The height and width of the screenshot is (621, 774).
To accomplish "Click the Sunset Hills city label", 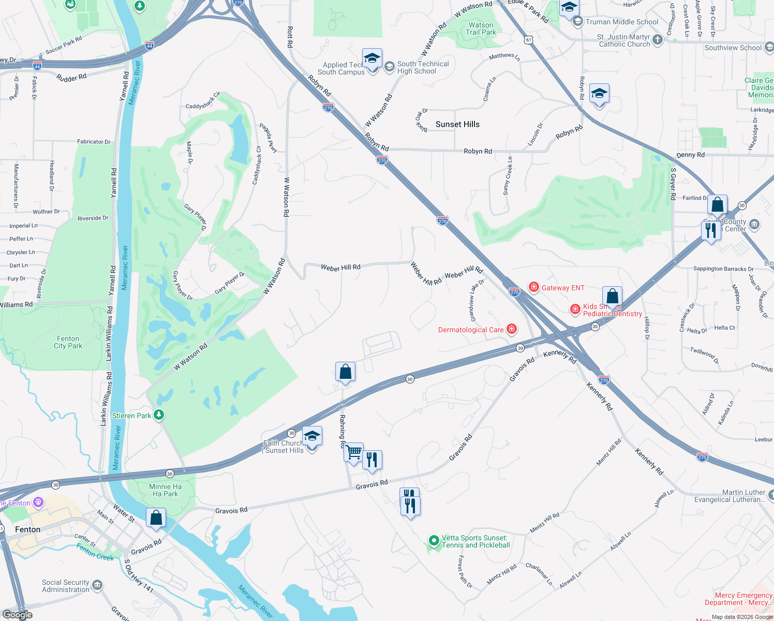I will point(457,124).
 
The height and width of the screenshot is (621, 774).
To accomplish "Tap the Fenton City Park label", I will point(68,342).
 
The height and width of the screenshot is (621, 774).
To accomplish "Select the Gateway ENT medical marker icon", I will point(534,287).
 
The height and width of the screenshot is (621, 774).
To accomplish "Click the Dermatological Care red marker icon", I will point(512,329).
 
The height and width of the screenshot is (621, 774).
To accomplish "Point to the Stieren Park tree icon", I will point(159,415).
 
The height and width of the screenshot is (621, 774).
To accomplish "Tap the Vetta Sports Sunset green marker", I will point(434,541).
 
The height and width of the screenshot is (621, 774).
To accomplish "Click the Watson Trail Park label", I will point(481,28).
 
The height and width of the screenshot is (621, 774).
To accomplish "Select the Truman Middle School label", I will point(622,22).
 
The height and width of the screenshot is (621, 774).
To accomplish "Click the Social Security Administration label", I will point(66,586).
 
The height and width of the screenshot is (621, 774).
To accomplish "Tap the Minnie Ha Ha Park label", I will point(165,490).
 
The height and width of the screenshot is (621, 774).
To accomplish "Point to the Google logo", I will point(18,615).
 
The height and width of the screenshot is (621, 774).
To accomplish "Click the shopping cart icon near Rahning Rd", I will point(354,452).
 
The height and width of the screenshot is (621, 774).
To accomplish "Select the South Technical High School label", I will point(423,67).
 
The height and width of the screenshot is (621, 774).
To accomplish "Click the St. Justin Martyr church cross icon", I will point(658,40).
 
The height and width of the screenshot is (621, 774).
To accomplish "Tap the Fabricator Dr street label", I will point(94,141).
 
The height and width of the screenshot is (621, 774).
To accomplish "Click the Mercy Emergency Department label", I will point(738,599).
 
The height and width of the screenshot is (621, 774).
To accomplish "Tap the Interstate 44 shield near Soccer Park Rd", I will point(149,46).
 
